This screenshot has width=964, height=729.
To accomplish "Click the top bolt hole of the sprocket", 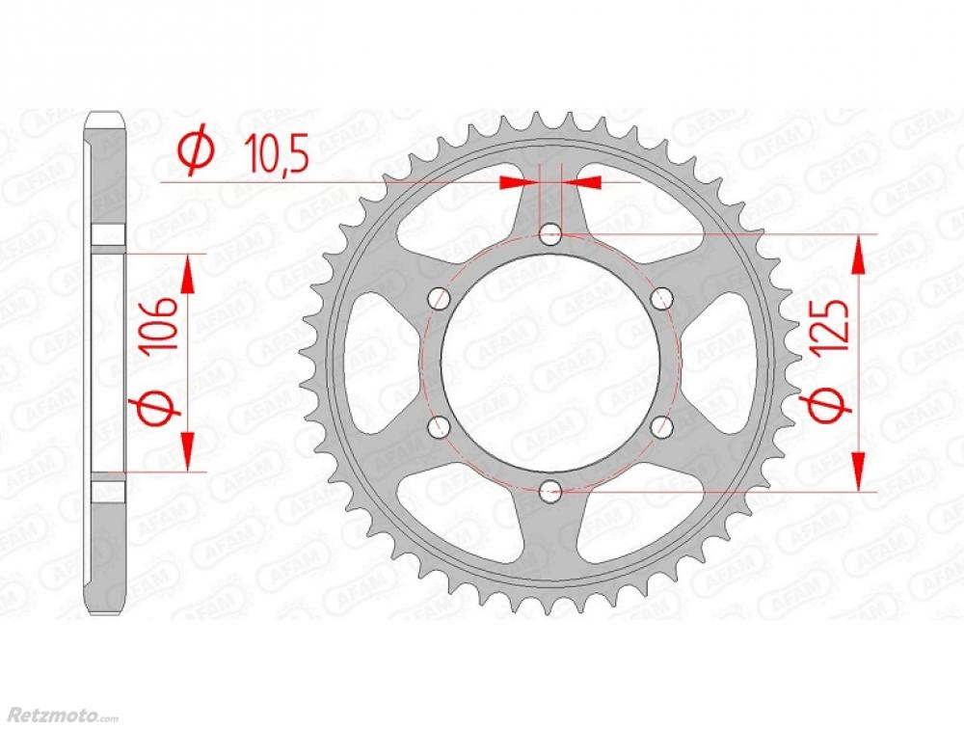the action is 550,233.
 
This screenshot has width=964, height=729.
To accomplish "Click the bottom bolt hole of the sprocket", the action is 550,490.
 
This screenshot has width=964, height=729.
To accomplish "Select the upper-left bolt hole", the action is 440,298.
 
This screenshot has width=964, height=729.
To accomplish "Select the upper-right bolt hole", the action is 661,298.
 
